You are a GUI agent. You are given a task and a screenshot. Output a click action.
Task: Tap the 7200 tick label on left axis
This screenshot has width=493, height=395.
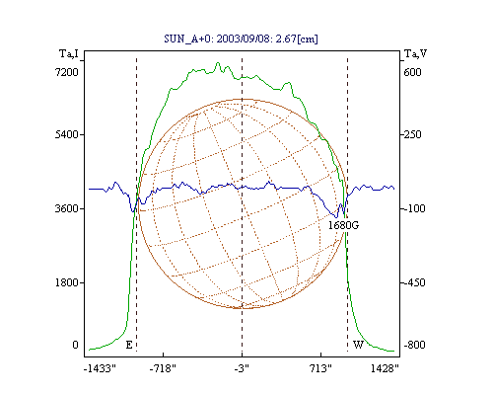(x=67, y=72)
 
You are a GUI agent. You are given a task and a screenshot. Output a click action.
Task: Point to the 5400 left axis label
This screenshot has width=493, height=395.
(x=67, y=134)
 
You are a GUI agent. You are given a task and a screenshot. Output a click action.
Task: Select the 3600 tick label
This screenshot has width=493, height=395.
(x=67, y=208)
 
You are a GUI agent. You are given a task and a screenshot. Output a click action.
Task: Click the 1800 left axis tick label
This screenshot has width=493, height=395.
(x=67, y=282)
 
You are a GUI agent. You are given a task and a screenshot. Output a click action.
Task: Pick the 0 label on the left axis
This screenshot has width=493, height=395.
(x=75, y=345)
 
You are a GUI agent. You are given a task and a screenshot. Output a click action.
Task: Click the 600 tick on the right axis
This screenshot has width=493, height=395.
(x=412, y=72)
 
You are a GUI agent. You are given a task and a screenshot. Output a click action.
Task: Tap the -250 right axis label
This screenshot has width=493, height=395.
(x=411, y=134)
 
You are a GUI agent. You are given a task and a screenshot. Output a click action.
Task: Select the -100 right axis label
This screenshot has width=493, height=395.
(x=413, y=208)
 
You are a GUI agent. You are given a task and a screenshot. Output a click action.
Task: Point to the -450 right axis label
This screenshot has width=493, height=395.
(x=413, y=282)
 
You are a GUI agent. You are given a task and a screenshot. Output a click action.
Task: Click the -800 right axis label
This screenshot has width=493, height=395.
(x=414, y=345)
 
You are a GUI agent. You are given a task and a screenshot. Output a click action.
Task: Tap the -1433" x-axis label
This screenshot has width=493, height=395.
(x=100, y=368)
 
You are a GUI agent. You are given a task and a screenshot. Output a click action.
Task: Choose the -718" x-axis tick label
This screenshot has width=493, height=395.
(x=163, y=368)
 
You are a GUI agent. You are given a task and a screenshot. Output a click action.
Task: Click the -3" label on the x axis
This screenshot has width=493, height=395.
(x=242, y=368)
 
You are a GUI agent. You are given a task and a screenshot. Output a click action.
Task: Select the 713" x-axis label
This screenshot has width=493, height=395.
(x=320, y=368)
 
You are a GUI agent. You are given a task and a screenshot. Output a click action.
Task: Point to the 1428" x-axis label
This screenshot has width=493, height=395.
(x=385, y=368)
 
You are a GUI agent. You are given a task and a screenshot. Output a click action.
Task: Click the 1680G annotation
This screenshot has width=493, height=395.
(x=343, y=225)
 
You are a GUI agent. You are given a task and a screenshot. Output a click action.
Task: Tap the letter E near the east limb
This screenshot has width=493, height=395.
(x=129, y=345)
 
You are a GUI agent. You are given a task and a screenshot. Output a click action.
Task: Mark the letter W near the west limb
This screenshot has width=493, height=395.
(x=358, y=345)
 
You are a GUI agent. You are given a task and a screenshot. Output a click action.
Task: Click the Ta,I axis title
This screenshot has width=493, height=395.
(x=69, y=53)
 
